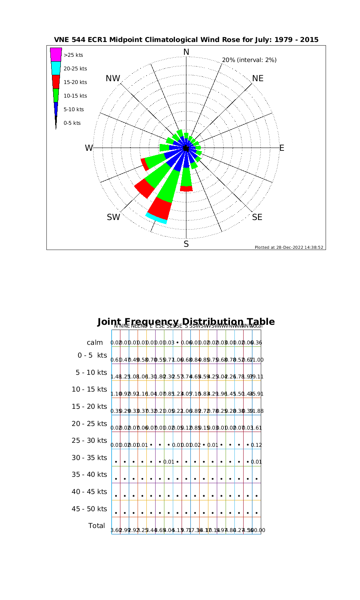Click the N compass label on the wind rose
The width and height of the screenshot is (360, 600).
(186, 52)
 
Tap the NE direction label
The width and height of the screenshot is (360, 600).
(258, 78)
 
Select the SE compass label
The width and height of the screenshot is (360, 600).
(257, 217)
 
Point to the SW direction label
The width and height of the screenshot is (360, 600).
(114, 217)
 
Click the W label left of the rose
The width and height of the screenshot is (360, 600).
(88, 148)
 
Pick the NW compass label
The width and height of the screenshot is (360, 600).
(113, 78)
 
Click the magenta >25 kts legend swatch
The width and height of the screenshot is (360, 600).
(56, 55)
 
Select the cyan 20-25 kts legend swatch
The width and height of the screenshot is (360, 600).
(56, 68)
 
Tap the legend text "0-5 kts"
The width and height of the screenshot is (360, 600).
(72, 123)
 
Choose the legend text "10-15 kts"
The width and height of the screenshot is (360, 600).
(75, 96)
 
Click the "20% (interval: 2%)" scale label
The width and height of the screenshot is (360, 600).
(249, 60)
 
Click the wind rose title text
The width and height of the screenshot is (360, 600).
(186, 40)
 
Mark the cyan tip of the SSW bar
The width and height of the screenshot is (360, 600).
(156, 218)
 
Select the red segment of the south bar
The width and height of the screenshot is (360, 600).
(186, 189)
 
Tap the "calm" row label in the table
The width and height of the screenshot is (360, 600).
(95, 342)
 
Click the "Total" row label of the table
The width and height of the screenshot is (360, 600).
(96, 526)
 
